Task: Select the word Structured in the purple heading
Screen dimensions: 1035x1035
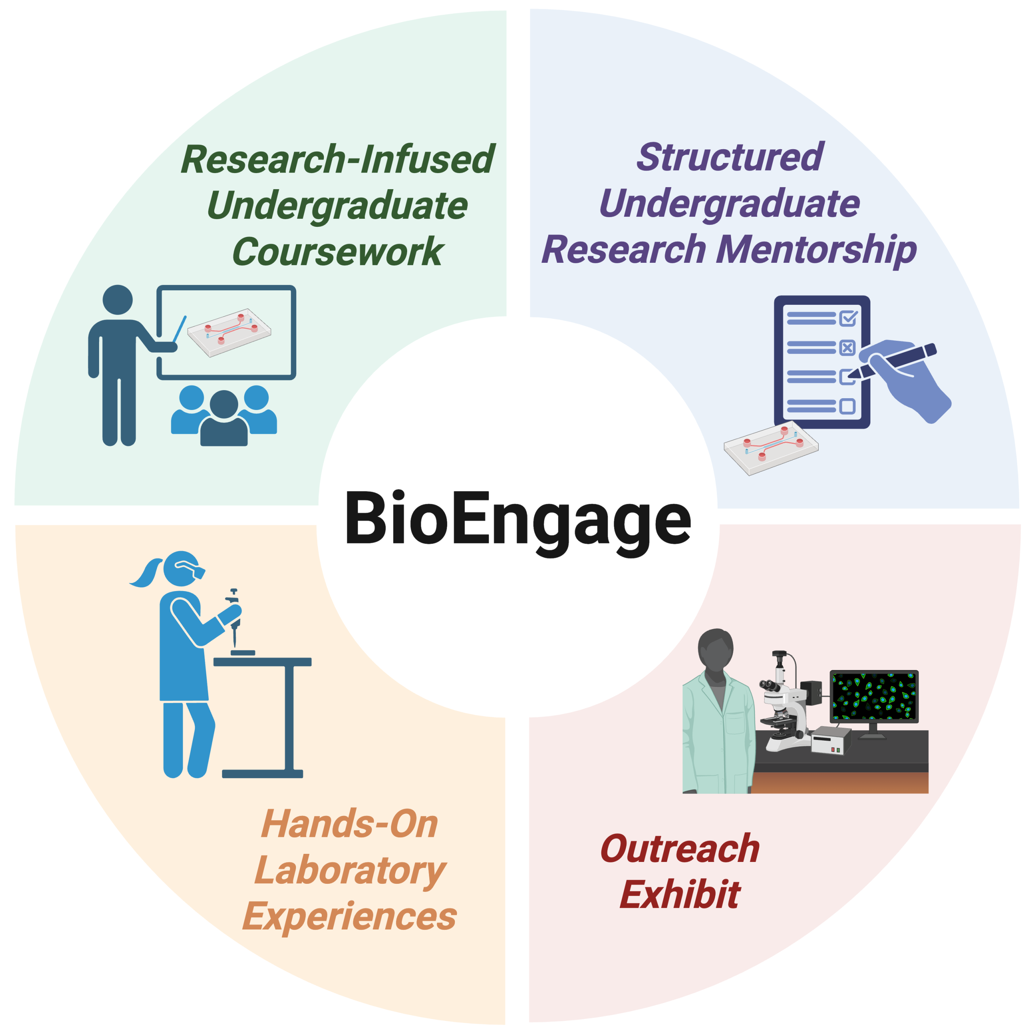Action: tap(730, 156)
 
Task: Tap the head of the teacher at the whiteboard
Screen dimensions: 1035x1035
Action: tap(117, 300)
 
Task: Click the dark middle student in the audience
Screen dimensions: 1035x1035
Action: tap(224, 418)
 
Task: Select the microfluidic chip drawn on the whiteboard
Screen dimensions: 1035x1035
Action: tap(229, 332)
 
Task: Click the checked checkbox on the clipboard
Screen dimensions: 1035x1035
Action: tap(849, 318)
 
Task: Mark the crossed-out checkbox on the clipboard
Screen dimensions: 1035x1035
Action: tap(847, 348)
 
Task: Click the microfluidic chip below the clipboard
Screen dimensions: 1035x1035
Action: tap(771, 448)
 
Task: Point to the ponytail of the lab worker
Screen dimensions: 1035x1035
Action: tap(146, 572)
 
